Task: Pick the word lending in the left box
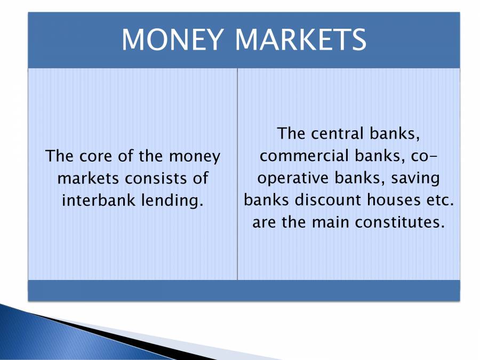click(177, 199)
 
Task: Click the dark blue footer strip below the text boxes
click(244, 290)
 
